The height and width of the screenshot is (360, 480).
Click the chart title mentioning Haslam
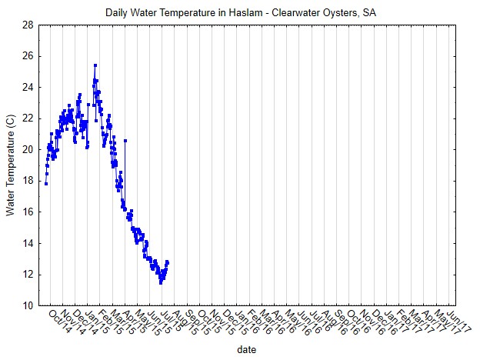(x=240, y=13)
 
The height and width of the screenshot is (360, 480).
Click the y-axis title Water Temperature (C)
(x=10, y=165)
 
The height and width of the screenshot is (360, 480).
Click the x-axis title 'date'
(x=246, y=348)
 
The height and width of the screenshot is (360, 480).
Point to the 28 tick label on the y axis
(x=27, y=25)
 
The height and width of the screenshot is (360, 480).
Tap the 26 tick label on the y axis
(x=27, y=56)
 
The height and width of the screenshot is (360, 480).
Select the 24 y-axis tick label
(x=27, y=87)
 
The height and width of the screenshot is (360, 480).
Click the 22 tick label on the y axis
(x=27, y=118)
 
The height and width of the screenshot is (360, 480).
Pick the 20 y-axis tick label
(x=27, y=149)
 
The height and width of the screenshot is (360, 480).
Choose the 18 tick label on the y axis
(x=27, y=181)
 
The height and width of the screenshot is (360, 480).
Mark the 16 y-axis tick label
(x=27, y=212)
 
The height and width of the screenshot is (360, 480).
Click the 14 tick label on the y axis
(x=27, y=243)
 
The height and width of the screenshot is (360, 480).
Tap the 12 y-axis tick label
(x=27, y=275)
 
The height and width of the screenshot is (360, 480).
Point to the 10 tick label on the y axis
(x=27, y=305)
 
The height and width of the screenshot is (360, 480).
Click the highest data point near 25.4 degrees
(x=95, y=65)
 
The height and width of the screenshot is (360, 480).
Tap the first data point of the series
(x=46, y=184)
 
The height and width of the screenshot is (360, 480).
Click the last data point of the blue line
(x=168, y=262)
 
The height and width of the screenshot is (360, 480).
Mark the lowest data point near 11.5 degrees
(x=161, y=282)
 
